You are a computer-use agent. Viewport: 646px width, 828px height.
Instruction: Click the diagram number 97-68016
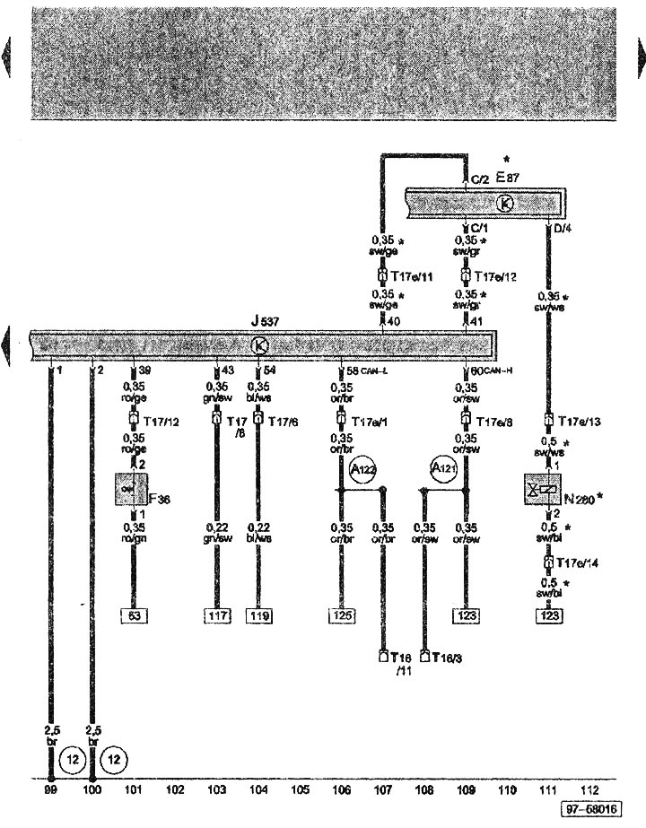point(589,810)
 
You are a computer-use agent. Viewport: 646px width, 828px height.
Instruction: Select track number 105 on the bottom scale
point(300,789)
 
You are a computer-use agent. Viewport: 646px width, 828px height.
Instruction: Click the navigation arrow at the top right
point(640,59)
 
